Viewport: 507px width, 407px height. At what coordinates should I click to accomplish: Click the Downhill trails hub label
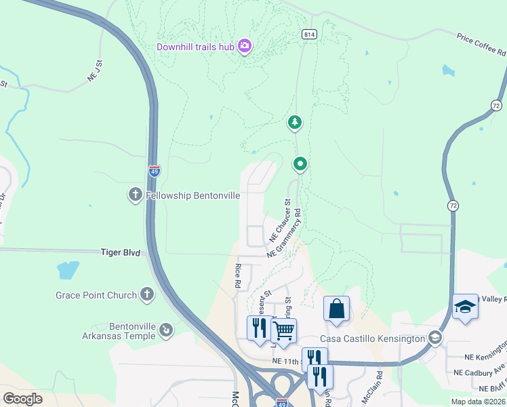pyautogui.click(x=195, y=47)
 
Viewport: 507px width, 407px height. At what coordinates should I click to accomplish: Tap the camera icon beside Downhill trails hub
pyautogui.click(x=245, y=46)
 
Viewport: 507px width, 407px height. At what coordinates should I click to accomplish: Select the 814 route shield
pyautogui.click(x=310, y=34)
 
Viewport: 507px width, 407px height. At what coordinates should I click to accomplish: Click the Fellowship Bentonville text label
pyautogui.click(x=192, y=195)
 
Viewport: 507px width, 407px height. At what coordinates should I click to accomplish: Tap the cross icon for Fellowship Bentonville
pyautogui.click(x=135, y=195)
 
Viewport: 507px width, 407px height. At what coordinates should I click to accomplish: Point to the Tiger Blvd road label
pyautogui.click(x=120, y=252)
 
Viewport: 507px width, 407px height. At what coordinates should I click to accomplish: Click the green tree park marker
pyautogui.click(x=295, y=123)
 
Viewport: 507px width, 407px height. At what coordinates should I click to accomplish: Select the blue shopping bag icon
pyautogui.click(x=336, y=309)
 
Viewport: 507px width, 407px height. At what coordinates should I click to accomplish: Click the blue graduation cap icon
pyautogui.click(x=466, y=307)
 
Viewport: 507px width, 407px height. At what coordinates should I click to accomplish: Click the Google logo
pyautogui.click(x=23, y=399)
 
